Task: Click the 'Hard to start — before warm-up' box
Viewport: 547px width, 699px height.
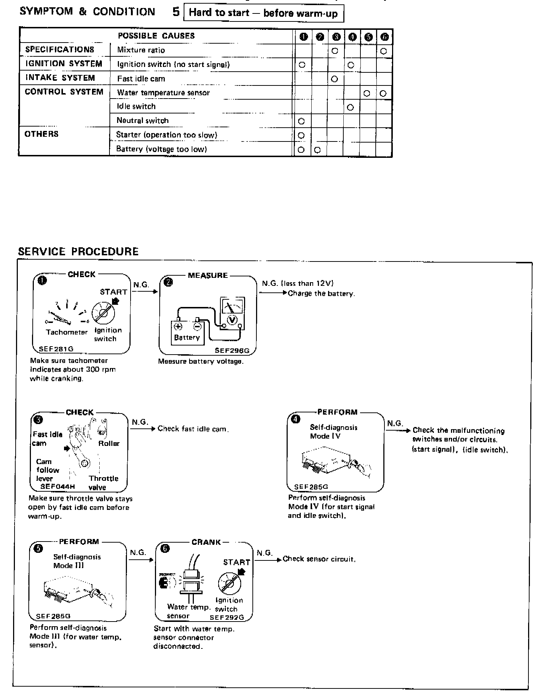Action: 263,13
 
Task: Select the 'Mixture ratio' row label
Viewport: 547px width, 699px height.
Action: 141,50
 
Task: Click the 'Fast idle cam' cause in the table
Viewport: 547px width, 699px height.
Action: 141,79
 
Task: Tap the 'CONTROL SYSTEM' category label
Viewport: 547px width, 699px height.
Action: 64,92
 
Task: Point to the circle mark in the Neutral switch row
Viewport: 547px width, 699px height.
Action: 301,121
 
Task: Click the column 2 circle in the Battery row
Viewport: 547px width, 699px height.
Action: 317,149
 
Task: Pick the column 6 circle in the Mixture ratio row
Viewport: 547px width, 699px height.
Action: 383,51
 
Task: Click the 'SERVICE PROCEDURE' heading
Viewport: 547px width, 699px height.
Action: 78,252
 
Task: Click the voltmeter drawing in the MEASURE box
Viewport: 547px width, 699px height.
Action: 232,312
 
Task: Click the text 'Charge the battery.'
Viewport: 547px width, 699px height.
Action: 321,293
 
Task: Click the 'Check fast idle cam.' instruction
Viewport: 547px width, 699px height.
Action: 193,429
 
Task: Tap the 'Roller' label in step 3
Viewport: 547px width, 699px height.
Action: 109,443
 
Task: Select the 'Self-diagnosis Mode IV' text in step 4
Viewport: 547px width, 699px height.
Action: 333,432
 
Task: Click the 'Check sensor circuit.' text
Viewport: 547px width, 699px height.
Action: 319,559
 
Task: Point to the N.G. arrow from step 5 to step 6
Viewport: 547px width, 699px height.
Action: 141,560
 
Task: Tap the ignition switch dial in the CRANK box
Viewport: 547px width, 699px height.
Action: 229,583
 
